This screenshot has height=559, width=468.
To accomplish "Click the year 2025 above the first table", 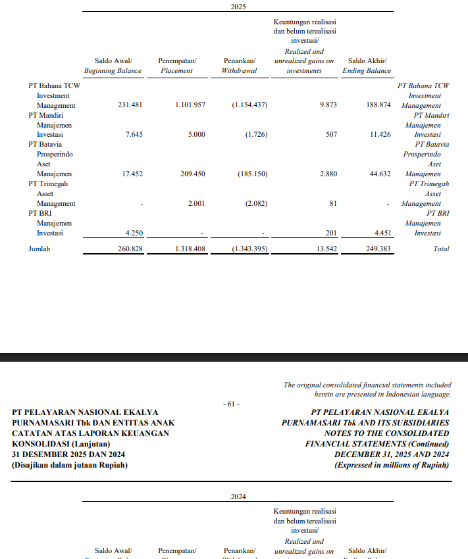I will point(238,6).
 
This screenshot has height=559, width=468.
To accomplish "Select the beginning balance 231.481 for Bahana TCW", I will point(130,105).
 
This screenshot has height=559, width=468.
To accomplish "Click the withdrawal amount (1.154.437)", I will point(249,105).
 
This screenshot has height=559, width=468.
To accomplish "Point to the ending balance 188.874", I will point(378,105).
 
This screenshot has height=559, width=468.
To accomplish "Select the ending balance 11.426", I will point(380,135).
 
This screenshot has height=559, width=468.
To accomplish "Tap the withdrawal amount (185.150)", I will point(251,174).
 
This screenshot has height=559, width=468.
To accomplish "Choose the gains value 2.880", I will point(328,174).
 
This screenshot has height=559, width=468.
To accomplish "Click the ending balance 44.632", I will point(380,174).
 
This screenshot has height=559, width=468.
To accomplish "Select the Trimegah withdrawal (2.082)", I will point(254,204).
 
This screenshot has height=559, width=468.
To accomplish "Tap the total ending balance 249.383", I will point(378,249).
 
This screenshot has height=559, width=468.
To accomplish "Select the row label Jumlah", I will point(39,249).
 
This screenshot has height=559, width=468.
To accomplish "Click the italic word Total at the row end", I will point(441,249).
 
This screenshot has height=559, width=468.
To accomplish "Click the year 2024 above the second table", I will point(238,497).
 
